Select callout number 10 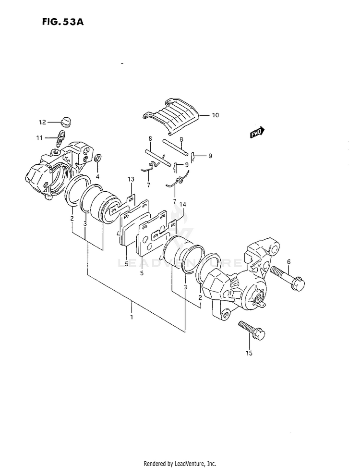(215, 115)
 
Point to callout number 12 (42, 122)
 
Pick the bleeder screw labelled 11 (60, 138)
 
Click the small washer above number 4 (98, 158)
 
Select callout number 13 (130, 179)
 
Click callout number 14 (183, 204)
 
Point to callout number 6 (289, 261)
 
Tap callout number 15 (249, 354)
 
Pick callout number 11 (39, 138)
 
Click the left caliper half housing (53, 171)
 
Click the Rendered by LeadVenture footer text (180, 463)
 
